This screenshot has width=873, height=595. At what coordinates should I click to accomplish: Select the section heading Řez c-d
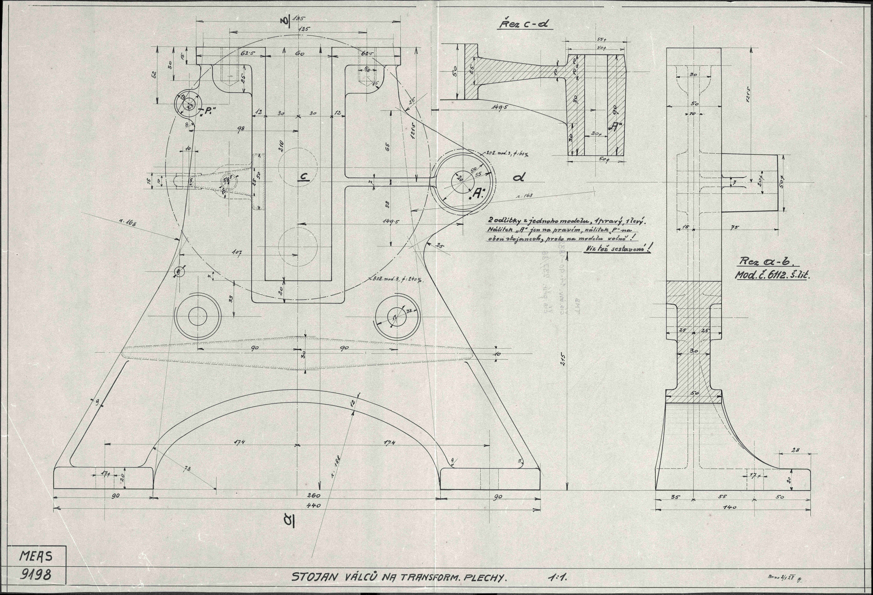tap(525, 25)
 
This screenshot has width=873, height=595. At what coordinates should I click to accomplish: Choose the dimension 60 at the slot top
tap(299, 54)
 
